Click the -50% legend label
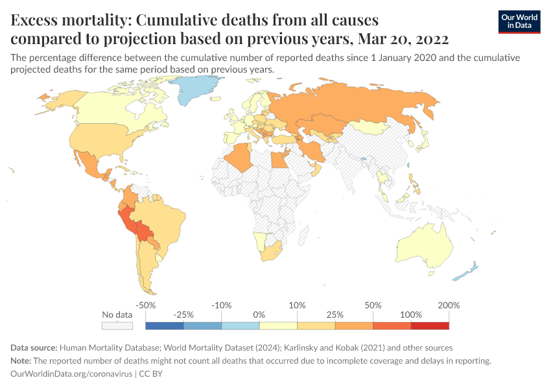[x=146, y=305]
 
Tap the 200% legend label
[x=449, y=305]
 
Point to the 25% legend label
[x=335, y=314]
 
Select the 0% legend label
[x=259, y=314]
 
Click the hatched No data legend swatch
[x=117, y=325]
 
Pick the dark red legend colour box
[x=429, y=325]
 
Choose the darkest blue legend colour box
[x=165, y=325]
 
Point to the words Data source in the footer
[x=36, y=348]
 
